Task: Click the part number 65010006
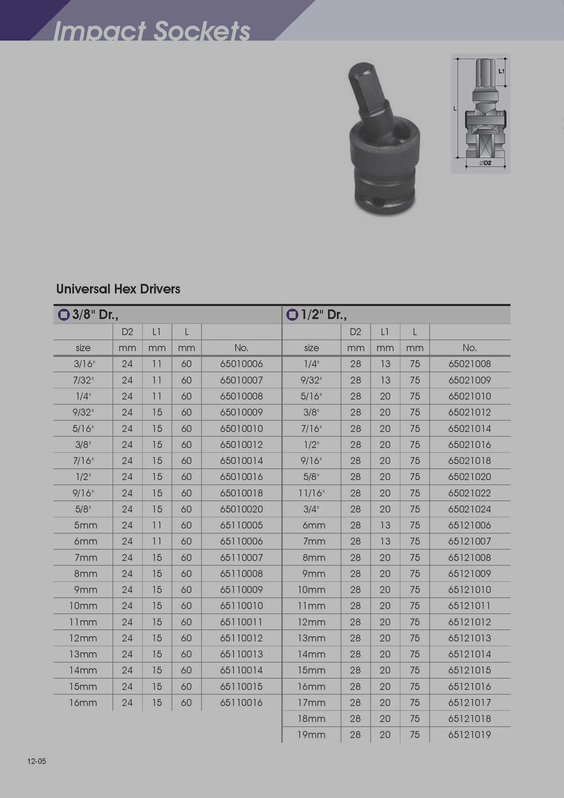pos(241,364)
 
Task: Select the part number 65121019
pos(470,735)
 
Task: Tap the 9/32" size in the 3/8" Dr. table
pos(83,412)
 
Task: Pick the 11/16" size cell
pos(312,493)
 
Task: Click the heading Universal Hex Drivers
pos(118,289)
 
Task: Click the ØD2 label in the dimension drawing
pos(485,163)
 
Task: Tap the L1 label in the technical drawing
pos(502,71)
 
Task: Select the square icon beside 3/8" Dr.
pos(63,315)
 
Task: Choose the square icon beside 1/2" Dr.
pos(292,315)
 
